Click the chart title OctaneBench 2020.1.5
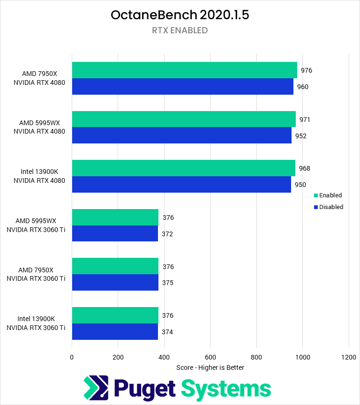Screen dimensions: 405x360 tap(180, 15)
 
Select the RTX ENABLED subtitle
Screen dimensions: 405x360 tap(180, 30)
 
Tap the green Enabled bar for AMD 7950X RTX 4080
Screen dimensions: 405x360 tap(184, 70)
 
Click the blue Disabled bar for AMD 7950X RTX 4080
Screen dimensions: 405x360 tap(182, 87)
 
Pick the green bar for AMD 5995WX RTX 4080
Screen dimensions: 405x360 tap(184, 119)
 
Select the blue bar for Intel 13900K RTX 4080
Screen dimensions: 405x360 tap(181, 185)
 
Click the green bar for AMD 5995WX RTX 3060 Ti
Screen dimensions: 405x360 tap(115, 217)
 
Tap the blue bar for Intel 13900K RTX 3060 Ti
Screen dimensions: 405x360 tap(115, 332)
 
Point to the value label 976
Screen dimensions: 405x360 tap(306, 70)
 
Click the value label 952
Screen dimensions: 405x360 tap(300, 136)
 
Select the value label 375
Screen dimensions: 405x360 tap(168, 283)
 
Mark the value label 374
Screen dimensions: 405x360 tap(167, 332)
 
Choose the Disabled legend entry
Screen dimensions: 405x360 tap(331, 207)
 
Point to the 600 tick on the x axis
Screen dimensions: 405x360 tap(210, 357)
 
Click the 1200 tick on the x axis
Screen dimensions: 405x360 tap(348, 357)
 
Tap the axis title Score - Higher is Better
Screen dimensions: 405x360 tap(210, 367)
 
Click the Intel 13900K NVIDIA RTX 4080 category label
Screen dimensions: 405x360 tap(39, 176)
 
